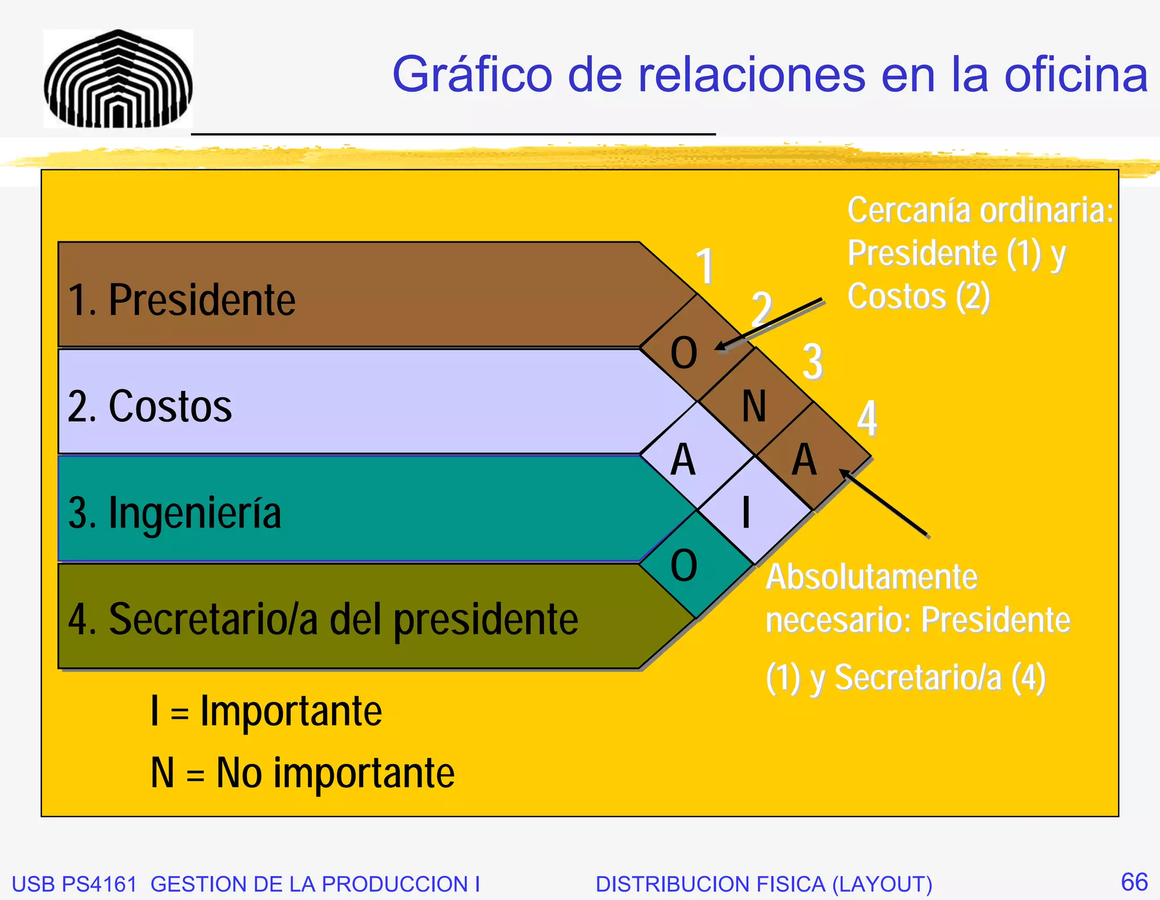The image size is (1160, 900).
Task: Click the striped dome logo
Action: tap(118, 79)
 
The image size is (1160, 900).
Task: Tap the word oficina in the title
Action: tap(1076, 75)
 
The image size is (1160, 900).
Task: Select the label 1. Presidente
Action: tap(181, 300)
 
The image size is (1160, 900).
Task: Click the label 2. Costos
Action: tap(150, 406)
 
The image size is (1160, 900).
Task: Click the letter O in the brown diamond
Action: tap(684, 353)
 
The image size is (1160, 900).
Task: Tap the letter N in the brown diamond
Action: tap(754, 406)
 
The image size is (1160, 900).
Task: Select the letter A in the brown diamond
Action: tap(804, 460)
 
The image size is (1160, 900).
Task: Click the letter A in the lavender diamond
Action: tap(683, 460)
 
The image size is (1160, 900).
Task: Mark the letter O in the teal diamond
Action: tap(684, 566)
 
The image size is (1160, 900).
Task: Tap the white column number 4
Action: tap(867, 419)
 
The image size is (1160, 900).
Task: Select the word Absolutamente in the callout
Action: tap(871, 578)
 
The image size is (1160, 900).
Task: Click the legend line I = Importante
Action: tap(266, 711)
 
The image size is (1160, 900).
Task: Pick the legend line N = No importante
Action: tap(302, 773)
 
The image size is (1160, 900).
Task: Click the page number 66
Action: tap(1134, 882)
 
